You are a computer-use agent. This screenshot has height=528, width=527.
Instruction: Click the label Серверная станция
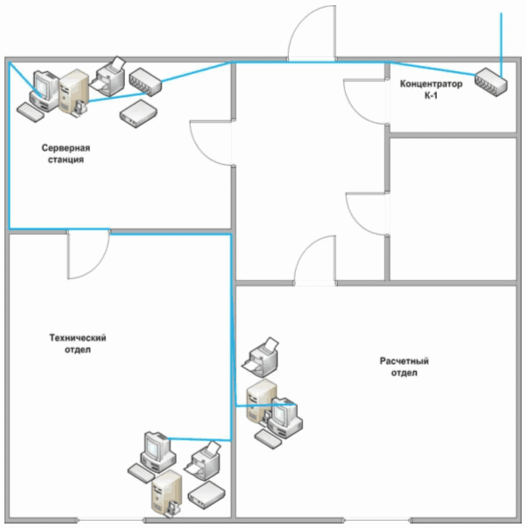point(66,153)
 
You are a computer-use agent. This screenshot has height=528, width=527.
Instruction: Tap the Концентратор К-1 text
point(431,89)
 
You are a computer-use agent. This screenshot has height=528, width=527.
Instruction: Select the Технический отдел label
point(78,343)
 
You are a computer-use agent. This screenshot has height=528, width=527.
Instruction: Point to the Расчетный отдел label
point(404,367)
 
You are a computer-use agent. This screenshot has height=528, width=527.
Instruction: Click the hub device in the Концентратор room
point(490,82)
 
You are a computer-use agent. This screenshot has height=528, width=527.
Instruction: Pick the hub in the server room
point(145,82)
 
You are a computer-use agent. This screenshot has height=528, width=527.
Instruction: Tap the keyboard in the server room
point(30,112)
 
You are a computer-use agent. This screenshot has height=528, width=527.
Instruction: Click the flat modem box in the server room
point(138,114)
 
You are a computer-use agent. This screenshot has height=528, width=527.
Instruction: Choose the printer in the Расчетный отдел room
point(260,357)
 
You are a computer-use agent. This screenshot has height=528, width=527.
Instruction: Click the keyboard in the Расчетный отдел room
point(268,439)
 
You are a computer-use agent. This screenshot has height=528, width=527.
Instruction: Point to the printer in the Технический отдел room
point(202,461)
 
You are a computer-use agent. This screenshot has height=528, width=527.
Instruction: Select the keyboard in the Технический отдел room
point(142,474)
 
